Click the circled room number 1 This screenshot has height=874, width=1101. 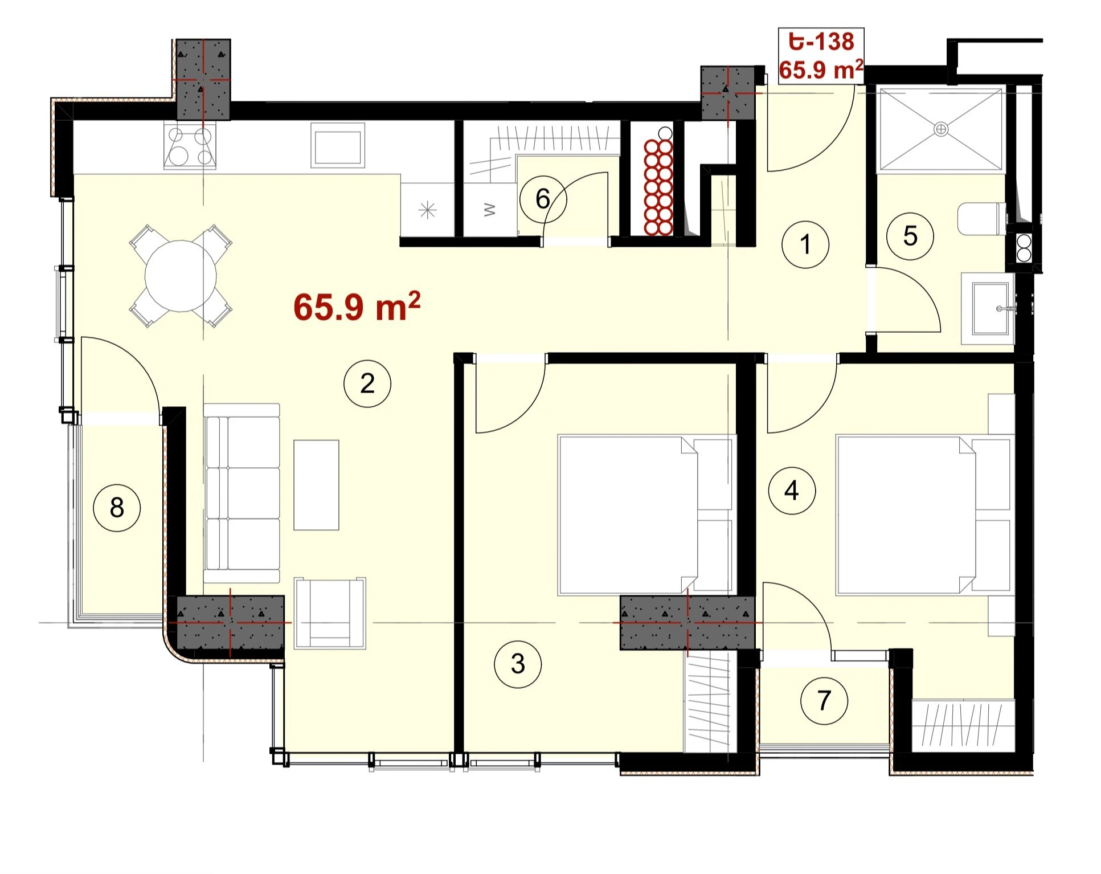coord(805,244)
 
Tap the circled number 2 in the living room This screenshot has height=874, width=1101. coord(367,383)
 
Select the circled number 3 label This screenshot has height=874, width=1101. coord(518,664)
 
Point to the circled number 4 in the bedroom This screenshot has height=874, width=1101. coord(792,491)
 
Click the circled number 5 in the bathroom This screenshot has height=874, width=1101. coord(910,236)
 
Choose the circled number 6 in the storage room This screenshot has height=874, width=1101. coord(543,199)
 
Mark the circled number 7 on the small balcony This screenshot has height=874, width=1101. coord(824,700)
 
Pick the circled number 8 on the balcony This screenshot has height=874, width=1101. coord(117,508)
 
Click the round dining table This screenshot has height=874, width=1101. coord(181,276)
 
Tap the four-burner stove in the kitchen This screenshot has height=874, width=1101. coord(190,146)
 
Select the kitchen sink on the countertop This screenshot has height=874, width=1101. coord(338,146)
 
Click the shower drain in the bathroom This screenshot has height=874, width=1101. coord(941,129)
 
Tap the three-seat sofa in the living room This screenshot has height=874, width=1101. coord(242,493)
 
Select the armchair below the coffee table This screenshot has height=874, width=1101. coord(330,613)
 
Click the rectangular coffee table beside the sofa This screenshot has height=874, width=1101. coord(316,485)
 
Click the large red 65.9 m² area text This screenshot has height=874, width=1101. coord(357,307)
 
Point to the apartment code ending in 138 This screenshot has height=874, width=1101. coord(821,42)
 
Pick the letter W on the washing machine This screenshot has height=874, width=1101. coord(489,210)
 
